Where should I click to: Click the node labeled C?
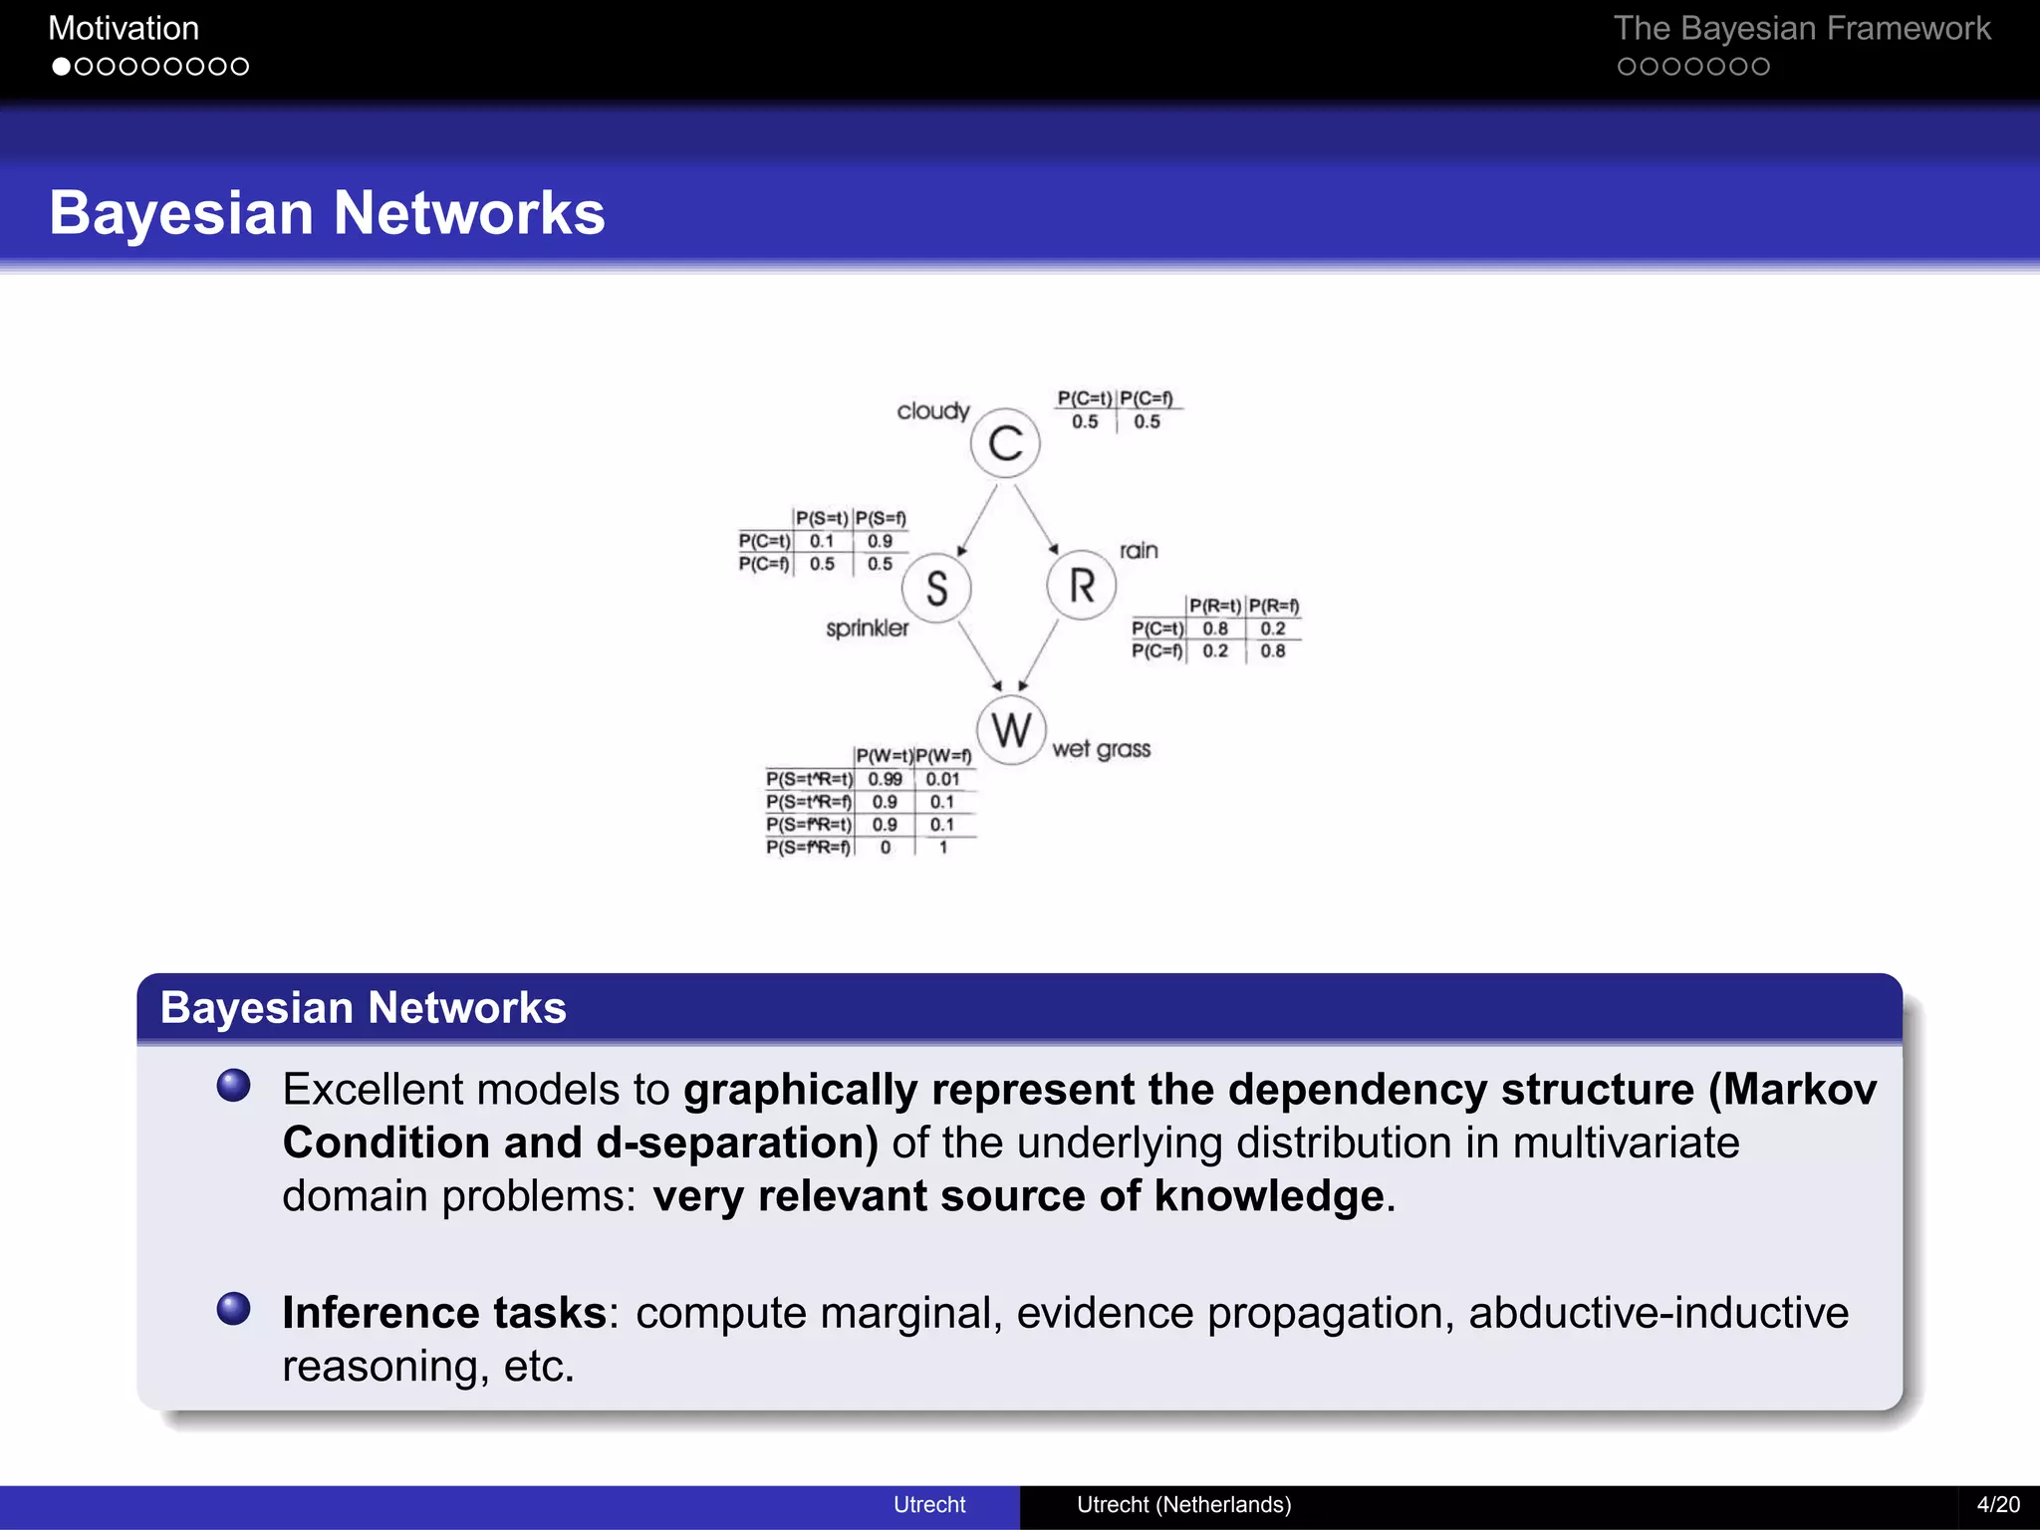(x=1005, y=443)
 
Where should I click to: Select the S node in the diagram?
(x=936, y=588)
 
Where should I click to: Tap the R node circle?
(x=1082, y=586)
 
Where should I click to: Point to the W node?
(x=1011, y=730)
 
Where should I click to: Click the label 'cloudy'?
(x=932, y=411)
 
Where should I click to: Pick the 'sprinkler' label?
(x=867, y=629)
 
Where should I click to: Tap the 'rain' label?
(x=1139, y=551)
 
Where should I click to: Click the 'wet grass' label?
(x=1101, y=749)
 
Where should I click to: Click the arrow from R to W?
(x=1040, y=654)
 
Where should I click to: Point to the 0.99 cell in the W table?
(x=885, y=779)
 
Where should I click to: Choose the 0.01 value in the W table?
(x=942, y=779)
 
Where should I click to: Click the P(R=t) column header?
(x=1215, y=606)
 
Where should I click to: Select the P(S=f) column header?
(x=881, y=518)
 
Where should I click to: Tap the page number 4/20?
(x=1998, y=1504)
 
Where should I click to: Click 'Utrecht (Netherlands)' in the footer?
(x=1183, y=1504)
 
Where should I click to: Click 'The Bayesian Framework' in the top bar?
(x=1801, y=28)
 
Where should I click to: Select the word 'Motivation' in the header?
(x=124, y=28)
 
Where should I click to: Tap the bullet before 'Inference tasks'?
(x=234, y=1308)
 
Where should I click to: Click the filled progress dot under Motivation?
(x=62, y=67)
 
